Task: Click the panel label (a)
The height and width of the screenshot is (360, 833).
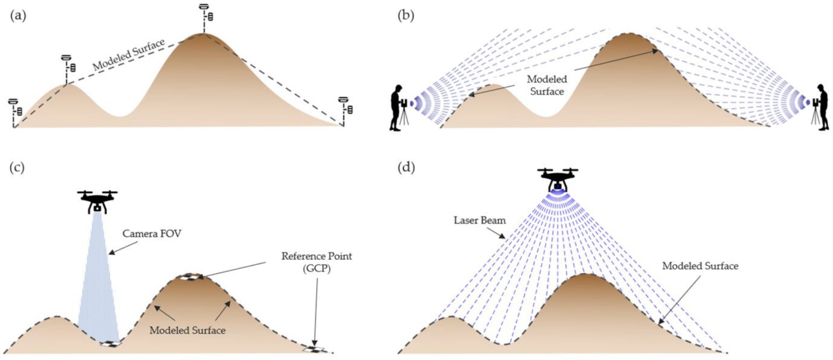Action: [18, 16]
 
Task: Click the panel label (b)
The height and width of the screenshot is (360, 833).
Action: [406, 16]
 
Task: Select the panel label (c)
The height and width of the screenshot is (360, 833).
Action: [17, 168]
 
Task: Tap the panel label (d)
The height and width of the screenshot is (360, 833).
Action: [406, 168]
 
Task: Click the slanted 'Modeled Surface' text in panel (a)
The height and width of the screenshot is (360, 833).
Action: [129, 55]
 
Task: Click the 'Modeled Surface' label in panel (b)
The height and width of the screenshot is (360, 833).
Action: [547, 86]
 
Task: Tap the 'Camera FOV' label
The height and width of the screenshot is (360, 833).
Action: [151, 234]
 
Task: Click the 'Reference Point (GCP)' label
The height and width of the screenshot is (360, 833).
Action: [317, 262]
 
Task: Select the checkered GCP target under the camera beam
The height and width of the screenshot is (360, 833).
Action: [110, 344]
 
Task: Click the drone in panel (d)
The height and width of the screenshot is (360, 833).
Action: [558, 179]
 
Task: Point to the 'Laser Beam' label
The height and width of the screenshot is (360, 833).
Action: [479, 220]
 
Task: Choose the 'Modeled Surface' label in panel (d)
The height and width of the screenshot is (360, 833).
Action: [700, 266]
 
